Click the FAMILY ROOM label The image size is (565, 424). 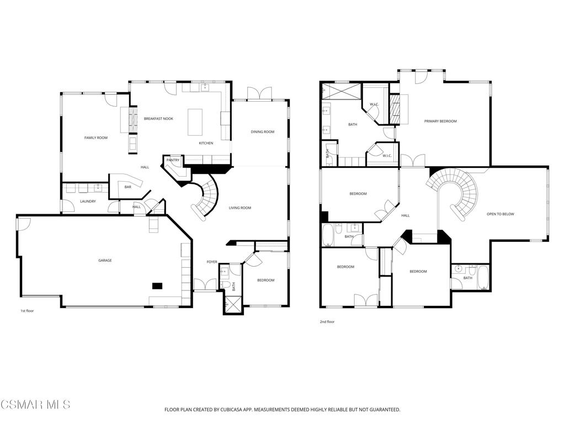[x=96, y=137]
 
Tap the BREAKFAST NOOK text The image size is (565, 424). [x=158, y=119]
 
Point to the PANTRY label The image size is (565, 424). [x=173, y=160]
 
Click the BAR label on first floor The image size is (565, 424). [x=128, y=187]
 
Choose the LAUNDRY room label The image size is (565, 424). [x=88, y=201]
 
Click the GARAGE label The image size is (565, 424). [x=105, y=261]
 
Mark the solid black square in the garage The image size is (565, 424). [x=157, y=286]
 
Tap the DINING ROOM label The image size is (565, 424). [x=263, y=132]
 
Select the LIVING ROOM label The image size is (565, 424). [x=240, y=208]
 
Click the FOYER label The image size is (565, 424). [x=212, y=262]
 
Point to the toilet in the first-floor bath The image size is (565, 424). [x=225, y=285]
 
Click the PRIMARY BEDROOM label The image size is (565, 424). [x=440, y=121]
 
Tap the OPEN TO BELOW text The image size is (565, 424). [x=500, y=214]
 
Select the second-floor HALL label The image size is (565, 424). [x=406, y=216]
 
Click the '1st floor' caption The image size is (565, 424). [x=27, y=311]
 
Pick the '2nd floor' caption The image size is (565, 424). [x=327, y=322]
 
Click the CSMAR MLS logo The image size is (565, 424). [x=35, y=404]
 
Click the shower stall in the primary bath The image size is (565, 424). [x=341, y=91]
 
